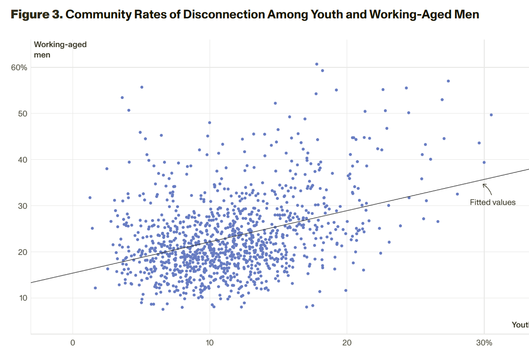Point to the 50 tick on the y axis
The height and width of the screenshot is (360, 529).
pyautogui.click(x=22, y=114)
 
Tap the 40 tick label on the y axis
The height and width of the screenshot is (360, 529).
pyautogui.click(x=22, y=160)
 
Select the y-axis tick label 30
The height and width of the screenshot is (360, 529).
pyautogui.click(x=22, y=206)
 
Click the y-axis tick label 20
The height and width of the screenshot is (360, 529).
pyautogui.click(x=22, y=252)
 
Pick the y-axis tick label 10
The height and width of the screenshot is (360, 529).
pyautogui.click(x=22, y=298)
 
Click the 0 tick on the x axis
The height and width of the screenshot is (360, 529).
pyautogui.click(x=73, y=343)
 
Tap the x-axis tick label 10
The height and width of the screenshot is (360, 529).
pyautogui.click(x=210, y=343)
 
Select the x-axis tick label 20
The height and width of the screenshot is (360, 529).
pyautogui.click(x=347, y=343)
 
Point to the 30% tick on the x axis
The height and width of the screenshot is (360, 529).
pyautogui.click(x=484, y=343)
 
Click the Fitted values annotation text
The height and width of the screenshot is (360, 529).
pyautogui.click(x=493, y=202)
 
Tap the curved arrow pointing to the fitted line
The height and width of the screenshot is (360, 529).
pyautogui.click(x=487, y=189)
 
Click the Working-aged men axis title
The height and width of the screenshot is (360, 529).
pyautogui.click(x=60, y=49)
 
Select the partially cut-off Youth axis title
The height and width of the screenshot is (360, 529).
pyautogui.click(x=520, y=325)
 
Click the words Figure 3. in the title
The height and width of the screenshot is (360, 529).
pyautogui.click(x=36, y=14)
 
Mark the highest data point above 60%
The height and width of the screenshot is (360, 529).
pyautogui.click(x=317, y=64)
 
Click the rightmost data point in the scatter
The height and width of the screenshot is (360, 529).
pyautogui.click(x=491, y=115)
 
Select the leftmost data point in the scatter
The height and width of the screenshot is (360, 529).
pyautogui.click(x=90, y=197)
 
